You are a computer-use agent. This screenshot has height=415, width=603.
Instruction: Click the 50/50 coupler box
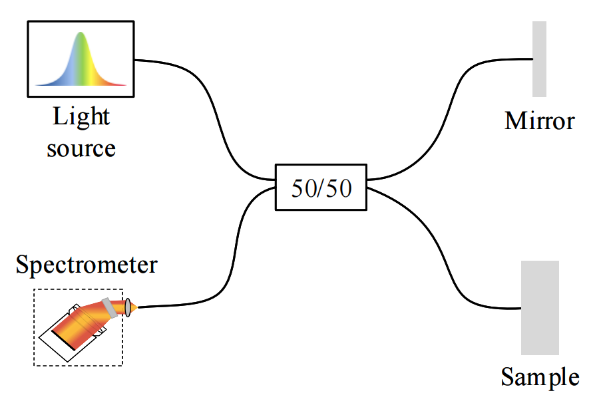click(x=321, y=187)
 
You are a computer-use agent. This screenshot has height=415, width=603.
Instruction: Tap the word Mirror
click(x=539, y=122)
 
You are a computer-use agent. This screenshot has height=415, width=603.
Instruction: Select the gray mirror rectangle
click(x=539, y=59)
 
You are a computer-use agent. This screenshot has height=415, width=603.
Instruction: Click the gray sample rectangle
click(x=540, y=307)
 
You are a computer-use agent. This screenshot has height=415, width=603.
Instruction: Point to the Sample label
click(x=539, y=378)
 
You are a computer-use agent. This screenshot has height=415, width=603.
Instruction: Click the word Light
click(x=81, y=118)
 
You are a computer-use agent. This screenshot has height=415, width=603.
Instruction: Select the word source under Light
click(x=81, y=147)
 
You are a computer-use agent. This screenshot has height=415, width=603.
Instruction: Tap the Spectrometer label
click(x=87, y=265)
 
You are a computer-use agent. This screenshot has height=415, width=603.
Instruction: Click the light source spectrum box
click(x=81, y=58)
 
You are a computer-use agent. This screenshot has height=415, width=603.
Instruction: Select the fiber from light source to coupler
click(x=213, y=113)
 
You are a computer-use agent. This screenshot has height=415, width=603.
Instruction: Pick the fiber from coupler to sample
click(x=446, y=253)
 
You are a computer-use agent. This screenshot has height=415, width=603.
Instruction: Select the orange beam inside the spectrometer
click(x=80, y=326)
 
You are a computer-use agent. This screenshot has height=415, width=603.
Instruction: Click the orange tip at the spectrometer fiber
click(x=134, y=307)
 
